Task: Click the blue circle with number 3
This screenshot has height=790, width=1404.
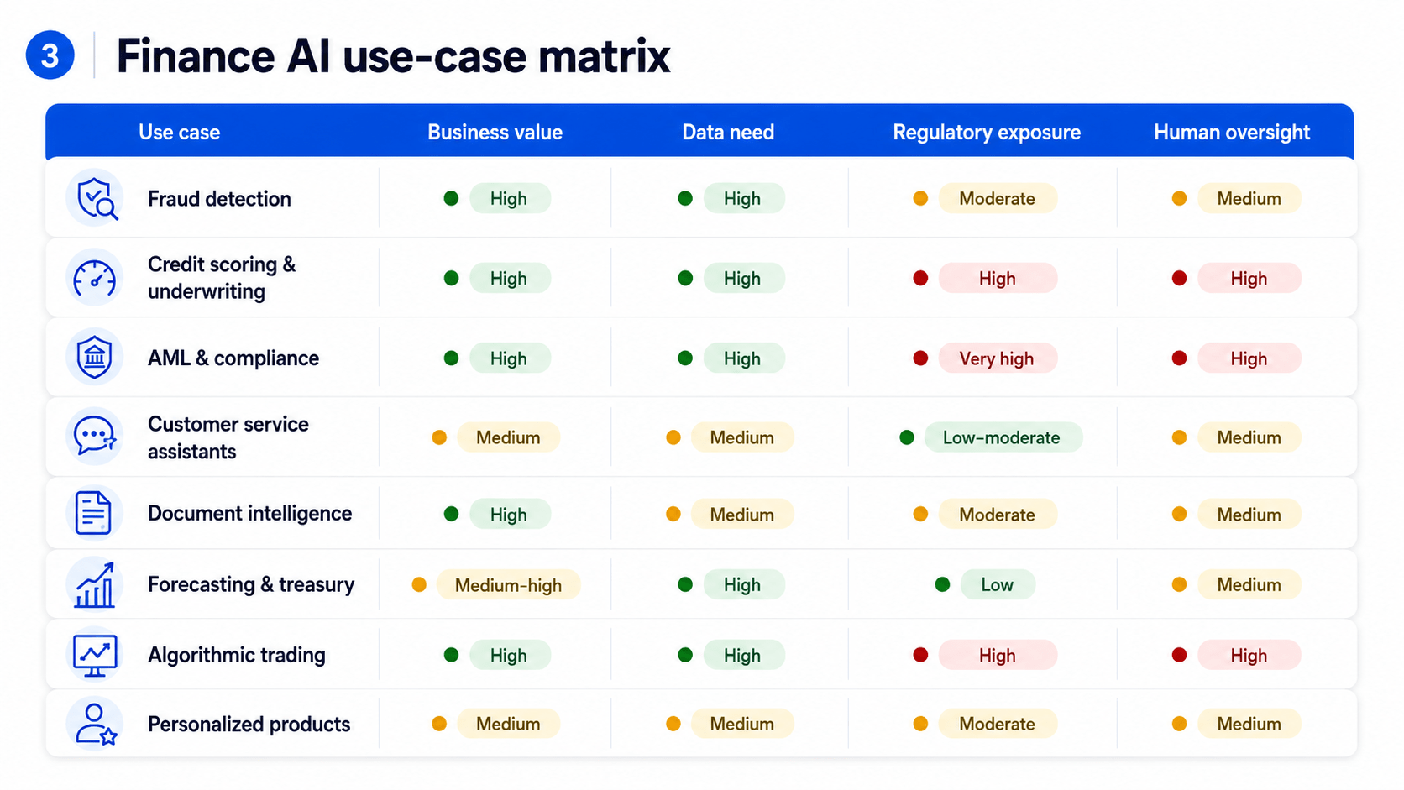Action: click(50, 55)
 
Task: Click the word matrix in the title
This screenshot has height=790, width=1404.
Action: click(605, 56)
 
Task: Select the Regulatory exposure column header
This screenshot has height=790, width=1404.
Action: click(987, 132)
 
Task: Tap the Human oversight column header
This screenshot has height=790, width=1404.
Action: click(1232, 132)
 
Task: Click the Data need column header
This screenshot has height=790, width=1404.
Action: click(728, 132)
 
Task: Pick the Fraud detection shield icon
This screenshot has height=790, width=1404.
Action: click(95, 198)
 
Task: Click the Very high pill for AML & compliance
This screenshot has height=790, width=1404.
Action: click(998, 358)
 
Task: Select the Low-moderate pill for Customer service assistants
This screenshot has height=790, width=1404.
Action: click(1003, 437)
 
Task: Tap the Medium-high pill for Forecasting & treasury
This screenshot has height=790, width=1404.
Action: click(508, 585)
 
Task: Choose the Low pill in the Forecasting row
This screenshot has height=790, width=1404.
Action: click(998, 584)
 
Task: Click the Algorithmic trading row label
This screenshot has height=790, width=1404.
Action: click(236, 656)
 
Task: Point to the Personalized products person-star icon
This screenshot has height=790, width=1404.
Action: click(95, 725)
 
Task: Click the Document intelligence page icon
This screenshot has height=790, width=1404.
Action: click(93, 513)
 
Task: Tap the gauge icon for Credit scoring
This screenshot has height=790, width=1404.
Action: click(94, 278)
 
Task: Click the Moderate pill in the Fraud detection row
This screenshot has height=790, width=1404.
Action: click(998, 199)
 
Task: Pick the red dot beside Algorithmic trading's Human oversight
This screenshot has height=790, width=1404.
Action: click(1179, 656)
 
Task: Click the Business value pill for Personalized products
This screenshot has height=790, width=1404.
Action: click(508, 725)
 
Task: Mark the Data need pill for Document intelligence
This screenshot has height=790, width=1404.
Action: click(742, 515)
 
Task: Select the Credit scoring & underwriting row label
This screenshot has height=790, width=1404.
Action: click(222, 278)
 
